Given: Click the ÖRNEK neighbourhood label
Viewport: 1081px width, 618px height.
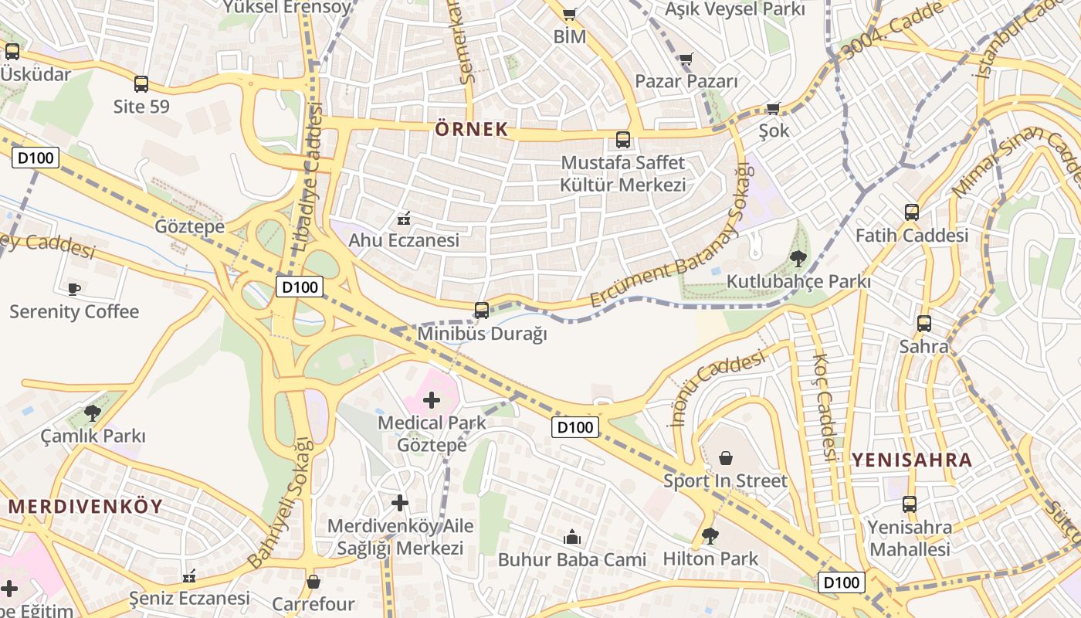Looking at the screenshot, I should [x=471, y=129].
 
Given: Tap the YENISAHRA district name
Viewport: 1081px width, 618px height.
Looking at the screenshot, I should [x=912, y=460].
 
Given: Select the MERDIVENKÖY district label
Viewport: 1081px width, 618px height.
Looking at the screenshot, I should [x=86, y=507].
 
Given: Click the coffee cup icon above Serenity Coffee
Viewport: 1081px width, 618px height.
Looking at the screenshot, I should [x=73, y=289].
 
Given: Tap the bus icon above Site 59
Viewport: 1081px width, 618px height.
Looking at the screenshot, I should [x=141, y=83].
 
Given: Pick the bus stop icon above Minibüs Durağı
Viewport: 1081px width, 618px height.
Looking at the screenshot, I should [x=481, y=311].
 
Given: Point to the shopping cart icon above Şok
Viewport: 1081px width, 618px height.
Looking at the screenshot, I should [x=774, y=108].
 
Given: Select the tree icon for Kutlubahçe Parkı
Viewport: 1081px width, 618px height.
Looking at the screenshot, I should [x=798, y=258].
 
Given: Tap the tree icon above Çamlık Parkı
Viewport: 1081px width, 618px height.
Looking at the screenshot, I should [x=93, y=413].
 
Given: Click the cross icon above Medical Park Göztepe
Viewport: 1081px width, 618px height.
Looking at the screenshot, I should [x=432, y=399].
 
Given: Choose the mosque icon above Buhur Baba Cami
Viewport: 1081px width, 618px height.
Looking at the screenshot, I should [x=572, y=536].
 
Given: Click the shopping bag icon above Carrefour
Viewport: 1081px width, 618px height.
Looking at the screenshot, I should [x=313, y=581].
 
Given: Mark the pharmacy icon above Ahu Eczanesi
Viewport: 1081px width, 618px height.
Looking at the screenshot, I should [x=403, y=218].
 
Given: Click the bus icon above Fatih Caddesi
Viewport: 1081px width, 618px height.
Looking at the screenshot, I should [x=911, y=212].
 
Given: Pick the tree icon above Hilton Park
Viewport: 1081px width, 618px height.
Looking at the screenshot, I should [x=710, y=535].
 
